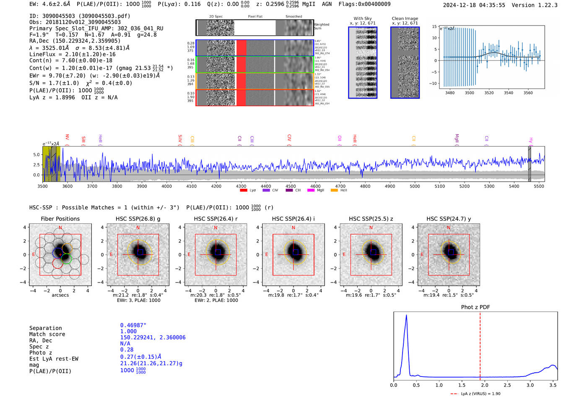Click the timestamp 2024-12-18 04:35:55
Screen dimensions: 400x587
point(474,5)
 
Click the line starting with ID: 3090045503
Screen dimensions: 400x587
point(80,16)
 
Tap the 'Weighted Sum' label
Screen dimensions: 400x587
point(322,26)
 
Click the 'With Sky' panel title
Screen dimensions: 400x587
point(362,18)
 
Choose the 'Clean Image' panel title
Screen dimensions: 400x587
point(405,18)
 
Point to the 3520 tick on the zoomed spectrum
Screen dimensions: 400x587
point(489,93)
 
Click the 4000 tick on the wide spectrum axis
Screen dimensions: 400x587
point(166,186)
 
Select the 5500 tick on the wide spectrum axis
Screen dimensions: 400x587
point(539,186)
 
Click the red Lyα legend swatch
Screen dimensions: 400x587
point(243,191)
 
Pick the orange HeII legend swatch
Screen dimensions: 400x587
point(334,191)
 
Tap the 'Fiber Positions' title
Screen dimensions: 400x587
point(60,219)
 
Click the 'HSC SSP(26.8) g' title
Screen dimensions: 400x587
point(138,219)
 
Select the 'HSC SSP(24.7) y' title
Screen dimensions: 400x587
point(449,219)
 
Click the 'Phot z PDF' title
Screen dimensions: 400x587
point(475,307)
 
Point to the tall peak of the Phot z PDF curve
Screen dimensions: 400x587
point(406,316)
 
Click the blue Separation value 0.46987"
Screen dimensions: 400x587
point(133,325)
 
